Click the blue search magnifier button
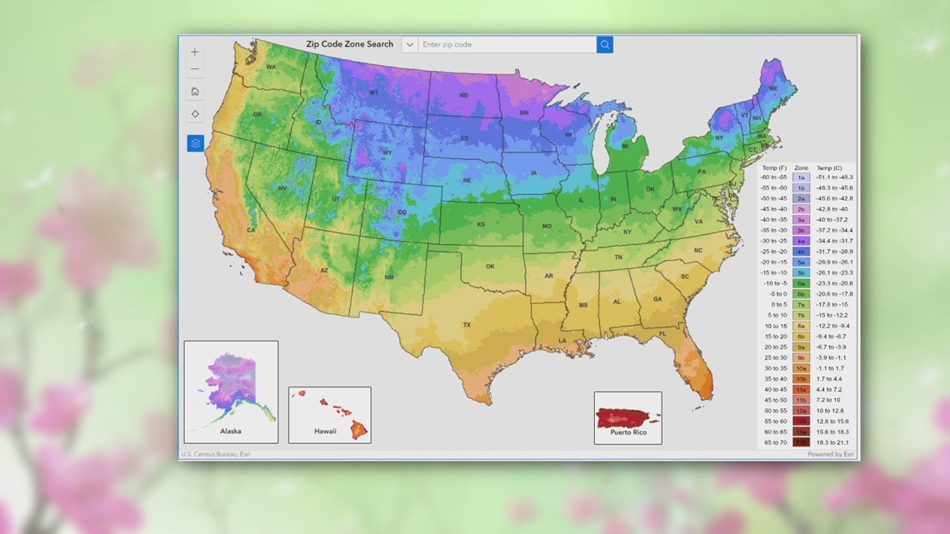(605, 44)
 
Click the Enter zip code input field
(507, 44)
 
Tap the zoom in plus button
(195, 52)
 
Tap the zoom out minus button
(195, 69)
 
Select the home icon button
(195, 92)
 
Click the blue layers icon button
(195, 143)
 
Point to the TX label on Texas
(467, 325)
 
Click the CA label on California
(251, 231)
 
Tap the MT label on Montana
(374, 92)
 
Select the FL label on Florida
(662, 334)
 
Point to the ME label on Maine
(772, 88)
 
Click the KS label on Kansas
(481, 225)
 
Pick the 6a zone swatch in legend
(801, 283)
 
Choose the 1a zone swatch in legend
(801, 177)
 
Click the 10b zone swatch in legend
(801, 379)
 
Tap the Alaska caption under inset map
(231, 431)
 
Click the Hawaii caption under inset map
(325, 431)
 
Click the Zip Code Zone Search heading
(350, 44)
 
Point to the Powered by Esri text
(830, 454)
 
